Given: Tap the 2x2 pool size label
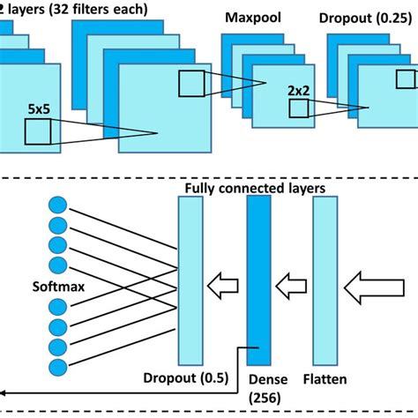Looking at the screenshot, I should tap(300, 90).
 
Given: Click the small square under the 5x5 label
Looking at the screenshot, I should tap(38, 133).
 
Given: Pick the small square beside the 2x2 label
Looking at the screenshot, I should tap(299, 108).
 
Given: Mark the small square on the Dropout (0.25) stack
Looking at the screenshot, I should tap(407, 78).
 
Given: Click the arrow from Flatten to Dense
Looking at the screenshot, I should tap(290, 284).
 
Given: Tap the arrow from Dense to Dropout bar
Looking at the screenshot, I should tap(224, 284).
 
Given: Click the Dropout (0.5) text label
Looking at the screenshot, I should tap(186, 379).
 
